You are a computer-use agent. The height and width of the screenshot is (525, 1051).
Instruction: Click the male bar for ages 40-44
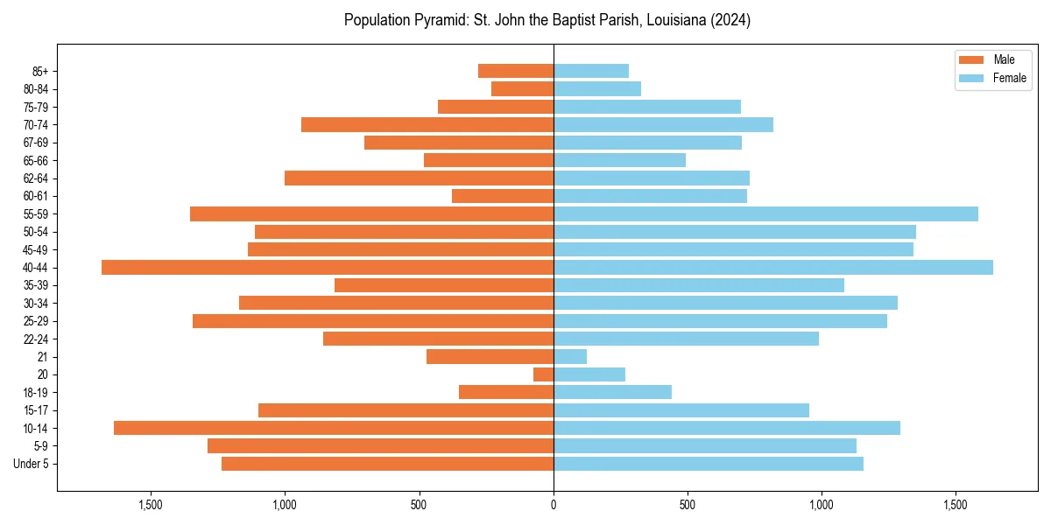[x=328, y=268]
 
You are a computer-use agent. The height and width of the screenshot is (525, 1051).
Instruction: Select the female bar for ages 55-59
[x=765, y=214]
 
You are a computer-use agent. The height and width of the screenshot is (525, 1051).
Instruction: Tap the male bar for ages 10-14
[x=334, y=428]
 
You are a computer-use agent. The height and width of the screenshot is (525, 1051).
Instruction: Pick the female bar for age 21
[x=570, y=357]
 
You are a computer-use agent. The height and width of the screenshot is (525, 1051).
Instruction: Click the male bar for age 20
[x=544, y=374]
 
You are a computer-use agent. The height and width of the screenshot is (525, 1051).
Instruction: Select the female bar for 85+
[x=591, y=71]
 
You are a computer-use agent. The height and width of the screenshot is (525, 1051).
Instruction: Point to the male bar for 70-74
[x=427, y=125]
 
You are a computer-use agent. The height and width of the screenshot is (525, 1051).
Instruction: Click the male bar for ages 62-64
[x=420, y=178]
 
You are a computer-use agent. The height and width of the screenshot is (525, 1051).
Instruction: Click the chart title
[x=547, y=20]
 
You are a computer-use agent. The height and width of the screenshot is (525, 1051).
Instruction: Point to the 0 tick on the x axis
[x=554, y=505]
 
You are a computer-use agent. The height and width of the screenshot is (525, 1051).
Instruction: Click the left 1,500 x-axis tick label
[x=152, y=505]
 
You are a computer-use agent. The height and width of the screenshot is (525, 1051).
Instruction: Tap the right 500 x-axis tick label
[x=688, y=505]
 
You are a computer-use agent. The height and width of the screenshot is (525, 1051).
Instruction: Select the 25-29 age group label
[x=36, y=321]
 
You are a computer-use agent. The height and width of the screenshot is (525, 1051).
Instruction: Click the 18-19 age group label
[x=36, y=393]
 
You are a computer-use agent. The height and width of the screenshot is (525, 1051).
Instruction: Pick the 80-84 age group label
[x=36, y=89]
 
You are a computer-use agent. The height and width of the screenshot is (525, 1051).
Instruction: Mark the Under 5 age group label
[x=32, y=464]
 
